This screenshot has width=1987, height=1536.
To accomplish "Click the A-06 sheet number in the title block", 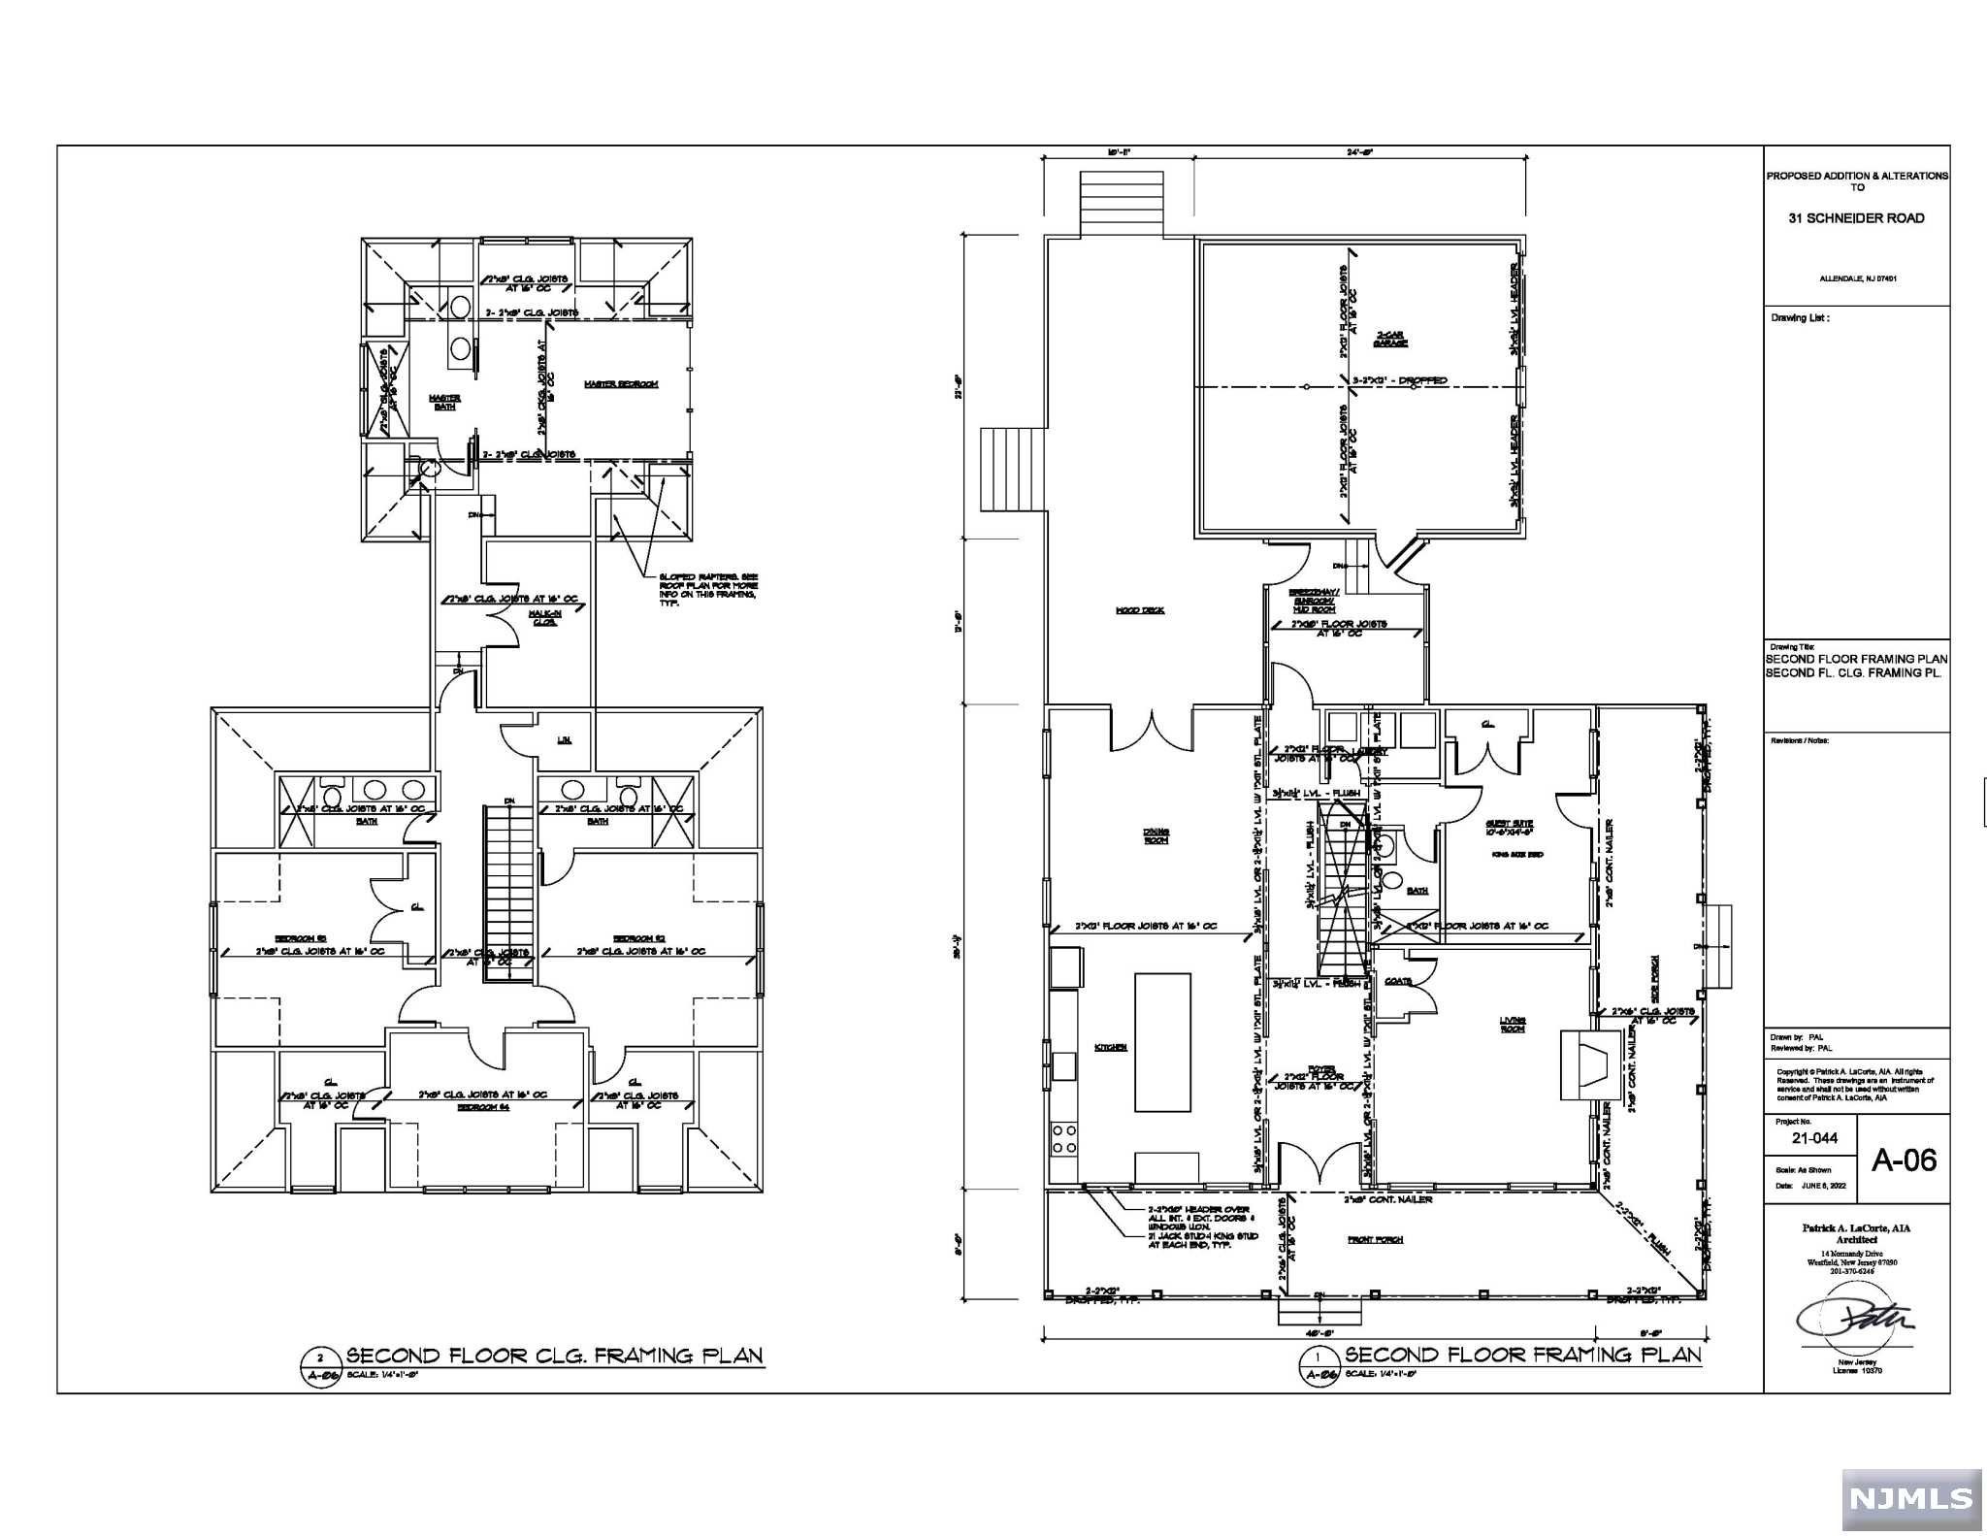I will (1904, 1160).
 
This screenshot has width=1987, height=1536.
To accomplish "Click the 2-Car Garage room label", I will (1391, 338).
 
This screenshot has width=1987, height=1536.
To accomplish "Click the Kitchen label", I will (1111, 1047).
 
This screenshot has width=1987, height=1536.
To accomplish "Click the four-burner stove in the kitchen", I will (1064, 1137).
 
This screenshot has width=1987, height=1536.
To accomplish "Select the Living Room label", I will (1512, 1024).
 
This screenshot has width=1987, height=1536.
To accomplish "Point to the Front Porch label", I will (1375, 1239).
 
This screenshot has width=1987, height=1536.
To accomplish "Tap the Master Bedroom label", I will (621, 384).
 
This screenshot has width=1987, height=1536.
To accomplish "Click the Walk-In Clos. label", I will (544, 617).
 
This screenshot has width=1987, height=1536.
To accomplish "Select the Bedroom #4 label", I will (483, 1106).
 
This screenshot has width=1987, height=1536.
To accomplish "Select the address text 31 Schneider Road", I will (1856, 218).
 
